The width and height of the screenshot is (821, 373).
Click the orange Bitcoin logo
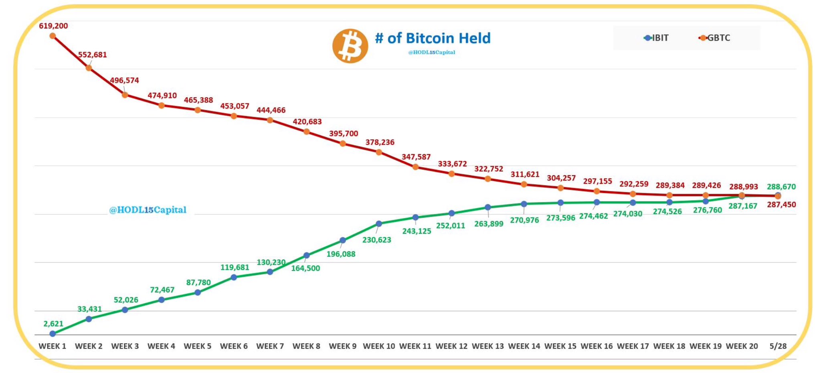350,46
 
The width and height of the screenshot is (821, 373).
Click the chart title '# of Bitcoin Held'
433,38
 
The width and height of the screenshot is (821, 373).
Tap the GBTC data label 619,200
53,26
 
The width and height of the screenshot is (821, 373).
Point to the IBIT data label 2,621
53,324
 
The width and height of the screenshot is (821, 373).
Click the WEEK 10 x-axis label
379,346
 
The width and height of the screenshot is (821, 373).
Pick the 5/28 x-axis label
778,346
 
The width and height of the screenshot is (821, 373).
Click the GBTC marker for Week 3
125,95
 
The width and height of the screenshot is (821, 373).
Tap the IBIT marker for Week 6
234,277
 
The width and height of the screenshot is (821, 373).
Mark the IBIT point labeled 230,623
379,223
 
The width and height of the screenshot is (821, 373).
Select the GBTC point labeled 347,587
415,167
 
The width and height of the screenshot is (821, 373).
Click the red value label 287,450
781,205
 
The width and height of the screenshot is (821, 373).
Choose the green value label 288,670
781,186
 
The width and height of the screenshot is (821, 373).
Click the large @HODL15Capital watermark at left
148,210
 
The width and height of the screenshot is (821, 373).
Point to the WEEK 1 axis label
52,346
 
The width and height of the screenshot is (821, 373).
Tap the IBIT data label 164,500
305,268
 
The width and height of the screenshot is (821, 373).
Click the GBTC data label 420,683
307,122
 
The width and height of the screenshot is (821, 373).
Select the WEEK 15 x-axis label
560,346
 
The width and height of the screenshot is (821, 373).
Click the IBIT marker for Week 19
706,201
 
